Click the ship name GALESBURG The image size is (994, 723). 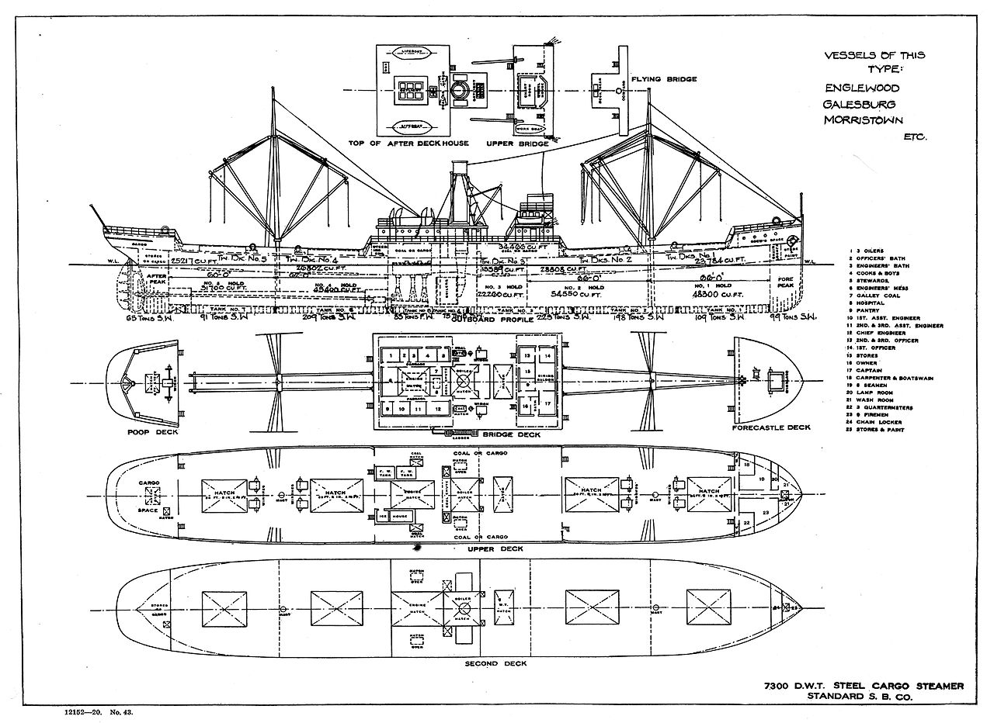pyautogui.click(x=859, y=103)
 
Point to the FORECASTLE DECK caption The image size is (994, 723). pyautogui.click(x=771, y=427)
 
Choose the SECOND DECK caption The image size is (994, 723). pyautogui.click(x=495, y=664)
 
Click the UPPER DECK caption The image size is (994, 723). pyautogui.click(x=495, y=549)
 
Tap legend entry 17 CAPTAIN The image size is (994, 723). pyautogui.click(x=877, y=371)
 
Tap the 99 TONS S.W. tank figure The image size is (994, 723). pyautogui.click(x=791, y=317)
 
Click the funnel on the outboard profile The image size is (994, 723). pyautogui.click(x=459, y=186)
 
